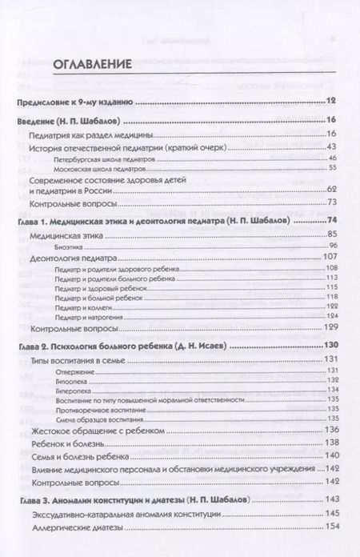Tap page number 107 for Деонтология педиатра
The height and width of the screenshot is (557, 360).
pos(330,257)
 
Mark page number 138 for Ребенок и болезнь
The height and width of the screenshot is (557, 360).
pos(330,443)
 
